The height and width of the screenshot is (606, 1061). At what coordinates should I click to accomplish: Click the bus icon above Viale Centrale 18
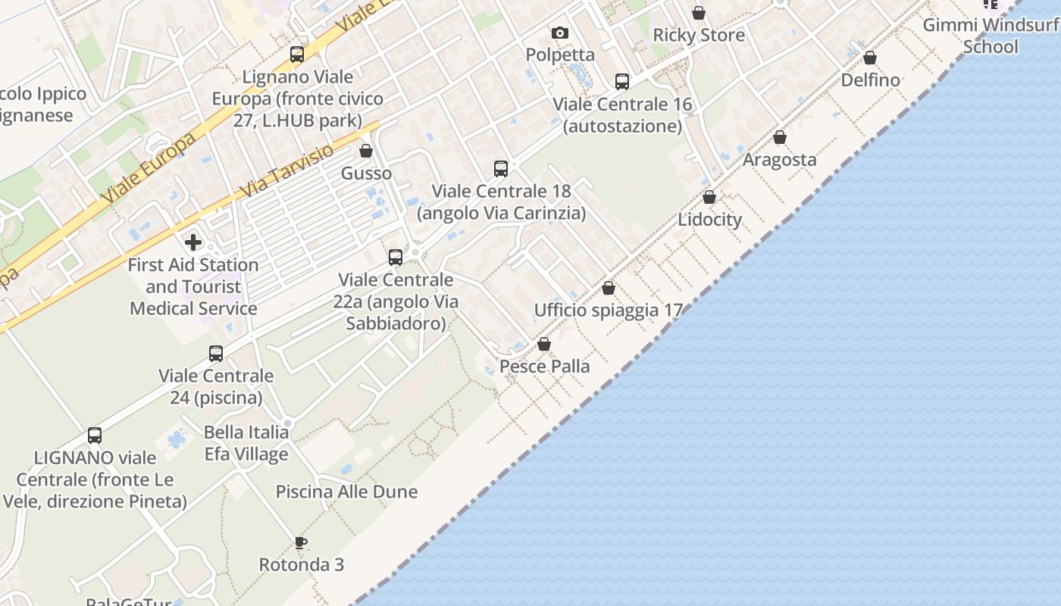[500, 168]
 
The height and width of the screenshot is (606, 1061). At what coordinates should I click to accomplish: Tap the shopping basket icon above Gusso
[366, 151]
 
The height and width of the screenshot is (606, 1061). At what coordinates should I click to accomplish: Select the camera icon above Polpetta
[560, 33]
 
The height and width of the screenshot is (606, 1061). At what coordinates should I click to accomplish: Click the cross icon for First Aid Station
[193, 242]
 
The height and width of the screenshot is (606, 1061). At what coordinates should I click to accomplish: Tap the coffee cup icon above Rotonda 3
[301, 542]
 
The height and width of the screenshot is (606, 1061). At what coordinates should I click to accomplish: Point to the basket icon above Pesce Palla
[543, 344]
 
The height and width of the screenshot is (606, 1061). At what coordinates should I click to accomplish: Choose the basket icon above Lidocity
[709, 197]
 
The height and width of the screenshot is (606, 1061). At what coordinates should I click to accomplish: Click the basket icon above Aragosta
[779, 137]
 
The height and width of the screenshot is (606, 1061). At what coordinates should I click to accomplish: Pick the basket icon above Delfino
[870, 58]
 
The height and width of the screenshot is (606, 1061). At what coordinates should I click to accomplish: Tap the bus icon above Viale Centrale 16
[622, 82]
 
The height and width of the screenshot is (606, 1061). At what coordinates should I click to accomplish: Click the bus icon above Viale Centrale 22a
[396, 258]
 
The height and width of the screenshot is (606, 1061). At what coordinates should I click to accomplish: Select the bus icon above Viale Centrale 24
[216, 353]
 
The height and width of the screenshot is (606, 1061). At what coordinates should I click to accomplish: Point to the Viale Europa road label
[148, 167]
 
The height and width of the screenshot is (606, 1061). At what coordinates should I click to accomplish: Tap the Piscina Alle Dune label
[346, 492]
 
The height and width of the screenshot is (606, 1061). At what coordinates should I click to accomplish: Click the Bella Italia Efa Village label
[246, 443]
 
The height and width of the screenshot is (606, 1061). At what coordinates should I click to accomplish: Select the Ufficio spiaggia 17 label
[609, 310]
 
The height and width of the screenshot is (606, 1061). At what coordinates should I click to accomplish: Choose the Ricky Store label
[698, 35]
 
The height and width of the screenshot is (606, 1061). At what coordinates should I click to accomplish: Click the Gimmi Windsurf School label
[991, 36]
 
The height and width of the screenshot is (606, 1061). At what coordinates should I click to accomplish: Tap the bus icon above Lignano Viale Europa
[297, 55]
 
